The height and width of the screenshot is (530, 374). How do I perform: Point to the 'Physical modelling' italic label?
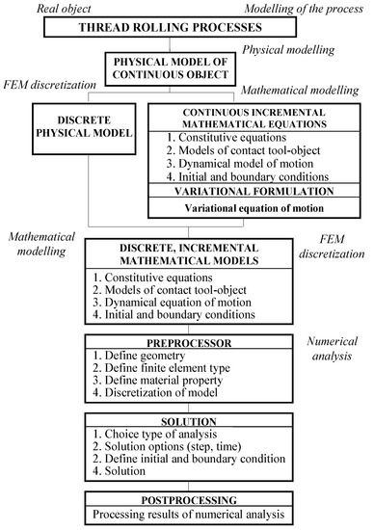point(290,49)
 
